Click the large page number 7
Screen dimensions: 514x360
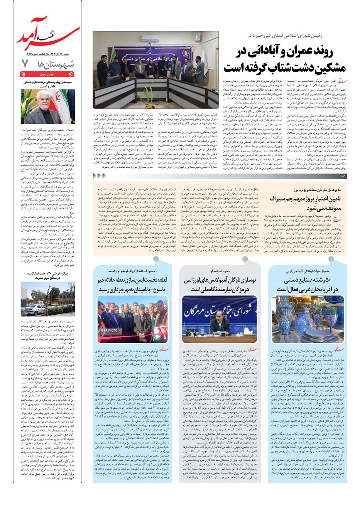(25, 63)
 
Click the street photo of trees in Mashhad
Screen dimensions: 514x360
(48, 299)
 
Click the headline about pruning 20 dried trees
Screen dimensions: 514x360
(48, 275)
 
